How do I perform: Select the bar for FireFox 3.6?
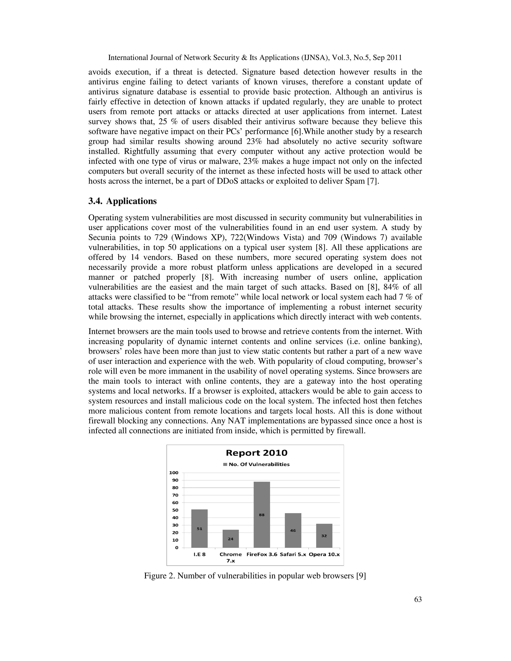click(x=261, y=515)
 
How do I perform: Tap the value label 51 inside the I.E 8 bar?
click(x=200, y=529)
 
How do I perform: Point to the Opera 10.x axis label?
click(x=324, y=554)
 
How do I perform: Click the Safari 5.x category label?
click(x=293, y=554)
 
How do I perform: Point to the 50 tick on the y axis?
click(x=175, y=510)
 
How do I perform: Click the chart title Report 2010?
click(x=256, y=453)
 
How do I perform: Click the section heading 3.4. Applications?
click(x=122, y=201)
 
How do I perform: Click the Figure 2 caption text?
click(x=255, y=576)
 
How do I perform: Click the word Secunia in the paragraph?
click(x=102, y=237)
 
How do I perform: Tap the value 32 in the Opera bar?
click(x=324, y=536)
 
